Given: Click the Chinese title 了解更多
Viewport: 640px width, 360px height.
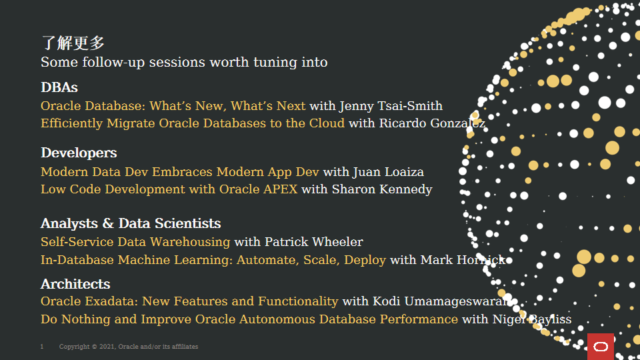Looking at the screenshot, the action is (73, 43).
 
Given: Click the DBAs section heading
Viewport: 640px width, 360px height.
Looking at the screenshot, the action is (59, 87).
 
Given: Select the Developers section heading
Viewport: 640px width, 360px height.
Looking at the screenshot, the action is (79, 153).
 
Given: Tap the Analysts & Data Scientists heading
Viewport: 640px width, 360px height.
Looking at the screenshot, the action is (131, 224).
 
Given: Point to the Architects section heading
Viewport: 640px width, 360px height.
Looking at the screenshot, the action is (75, 284).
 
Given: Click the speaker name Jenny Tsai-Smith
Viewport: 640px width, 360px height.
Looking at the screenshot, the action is (391, 106).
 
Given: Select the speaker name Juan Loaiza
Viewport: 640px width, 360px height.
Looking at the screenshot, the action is (389, 172).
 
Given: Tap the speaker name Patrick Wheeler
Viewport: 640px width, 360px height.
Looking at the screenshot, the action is (314, 242).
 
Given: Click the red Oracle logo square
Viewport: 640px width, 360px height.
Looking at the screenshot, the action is (601, 347).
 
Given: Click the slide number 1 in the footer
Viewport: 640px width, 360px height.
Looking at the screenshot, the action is (41, 347).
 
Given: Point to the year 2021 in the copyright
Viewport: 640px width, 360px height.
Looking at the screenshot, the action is (107, 347).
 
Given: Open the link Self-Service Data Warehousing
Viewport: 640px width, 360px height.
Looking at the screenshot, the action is (135, 242).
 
